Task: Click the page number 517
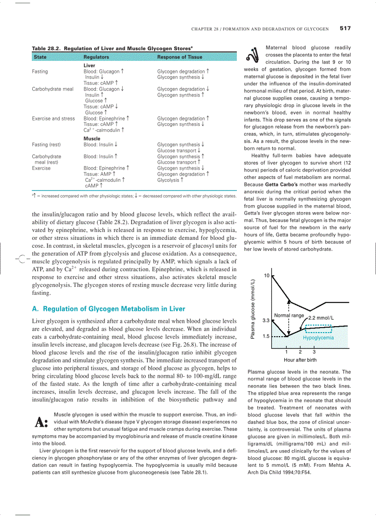(345, 28)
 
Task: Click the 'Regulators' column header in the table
(96, 57)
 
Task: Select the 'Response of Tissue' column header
(179, 57)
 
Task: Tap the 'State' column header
(40, 57)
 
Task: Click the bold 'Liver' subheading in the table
(89, 66)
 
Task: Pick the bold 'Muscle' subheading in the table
(92, 138)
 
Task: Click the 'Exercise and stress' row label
(53, 119)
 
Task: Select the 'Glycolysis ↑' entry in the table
(171, 180)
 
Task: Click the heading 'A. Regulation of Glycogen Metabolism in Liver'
(108, 309)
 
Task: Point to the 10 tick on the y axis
(266, 275)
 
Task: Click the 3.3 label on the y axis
(266, 320)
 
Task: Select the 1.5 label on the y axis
(266, 336)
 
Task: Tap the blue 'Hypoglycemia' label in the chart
(318, 338)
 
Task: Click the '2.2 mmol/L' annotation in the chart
(321, 318)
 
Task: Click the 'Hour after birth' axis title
(300, 360)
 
